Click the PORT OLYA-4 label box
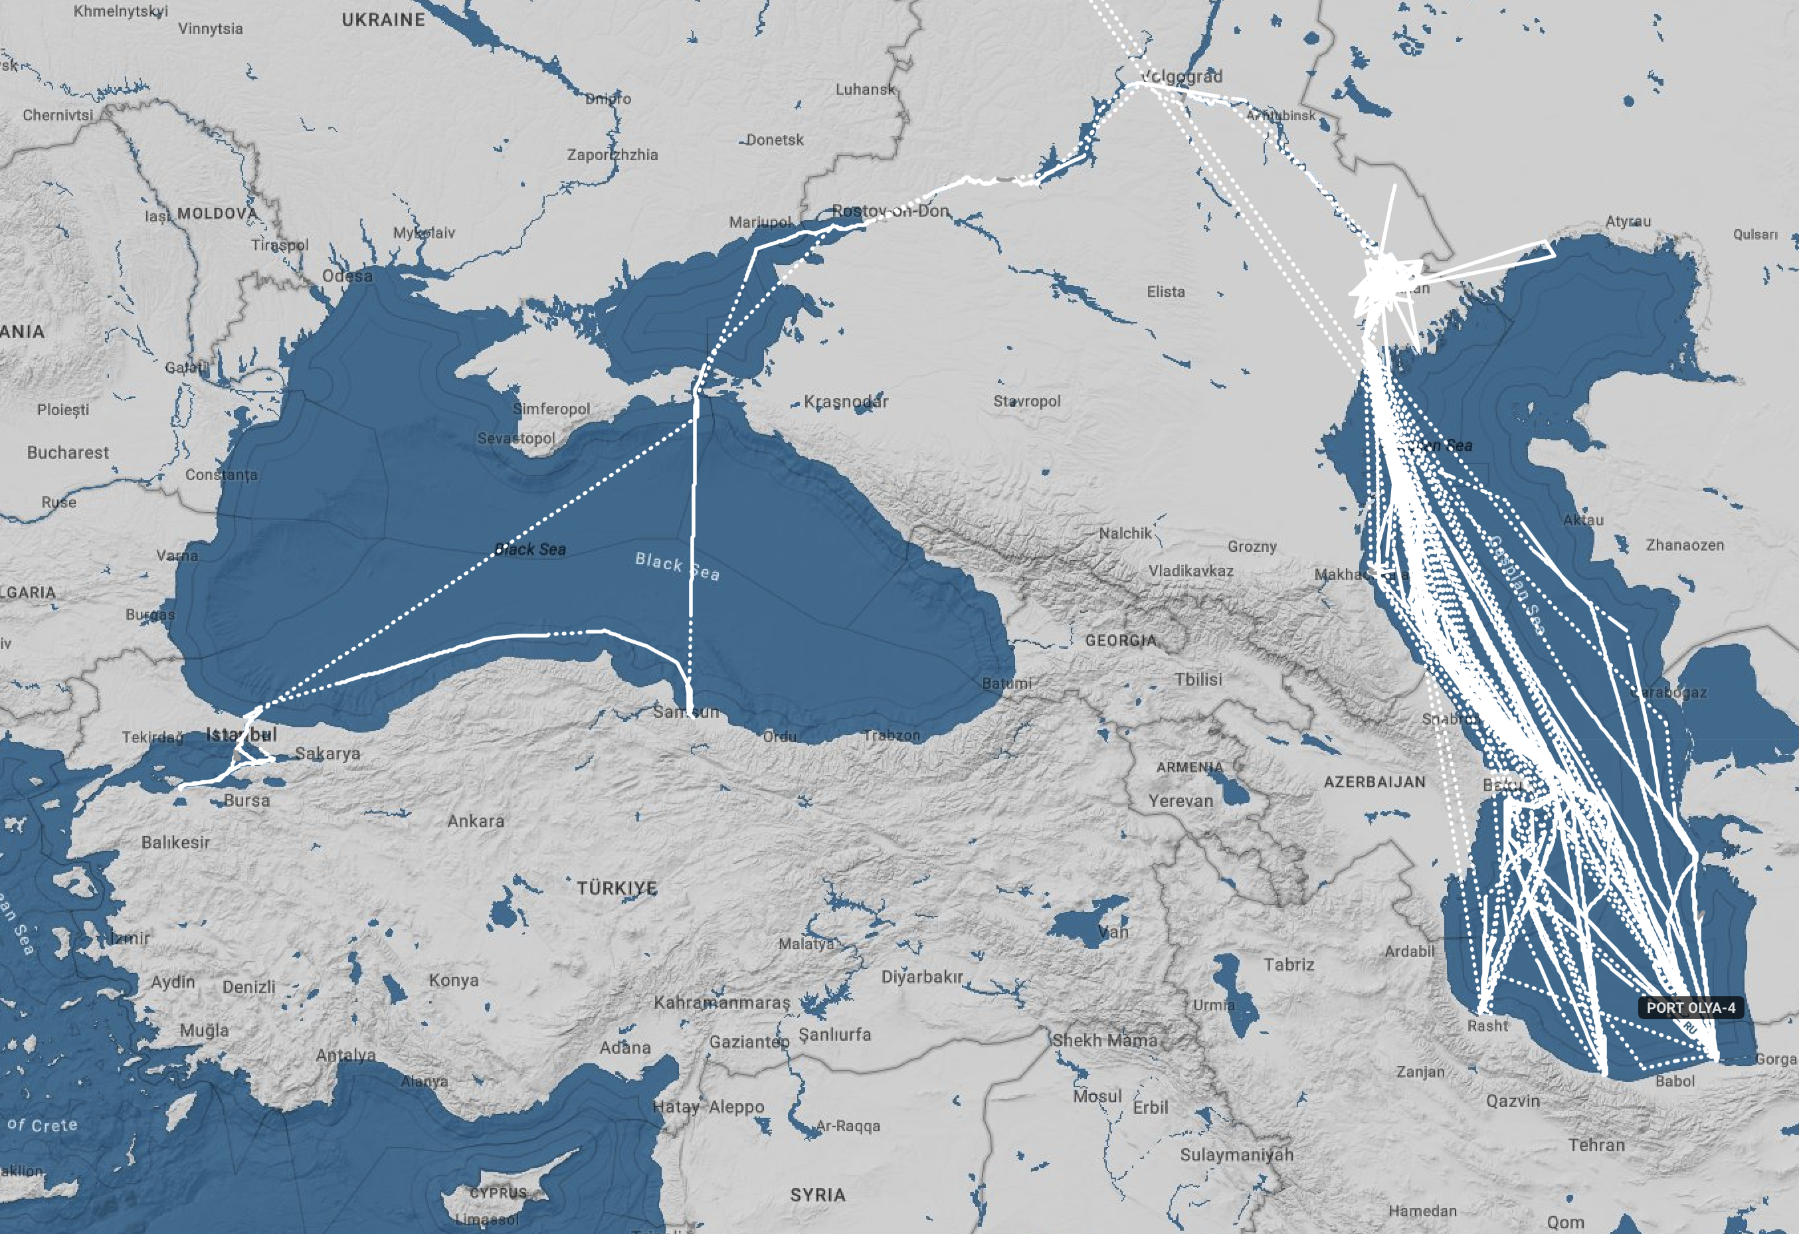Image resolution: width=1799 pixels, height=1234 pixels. click(x=1691, y=1008)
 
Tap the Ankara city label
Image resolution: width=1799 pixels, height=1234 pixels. click(x=475, y=821)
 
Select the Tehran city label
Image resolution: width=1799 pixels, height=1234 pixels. click(x=1596, y=1144)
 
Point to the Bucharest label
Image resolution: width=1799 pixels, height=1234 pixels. click(x=68, y=452)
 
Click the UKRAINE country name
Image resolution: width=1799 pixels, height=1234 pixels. click(x=383, y=19)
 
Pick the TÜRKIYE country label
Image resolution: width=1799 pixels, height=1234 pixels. click(x=616, y=887)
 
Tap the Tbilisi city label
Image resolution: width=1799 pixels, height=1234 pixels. click(x=1198, y=679)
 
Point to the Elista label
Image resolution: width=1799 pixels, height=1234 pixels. click(x=1166, y=292)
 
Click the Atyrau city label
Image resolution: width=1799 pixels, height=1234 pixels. click(x=1628, y=221)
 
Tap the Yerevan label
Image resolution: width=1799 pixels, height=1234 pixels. click(x=1181, y=801)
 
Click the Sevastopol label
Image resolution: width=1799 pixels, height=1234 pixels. click(x=516, y=438)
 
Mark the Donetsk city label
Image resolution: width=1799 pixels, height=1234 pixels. click(x=775, y=140)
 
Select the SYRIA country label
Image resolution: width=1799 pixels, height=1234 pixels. click(x=817, y=1195)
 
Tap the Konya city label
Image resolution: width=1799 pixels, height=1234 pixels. click(x=454, y=980)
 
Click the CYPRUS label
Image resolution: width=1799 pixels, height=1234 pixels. click(x=498, y=1192)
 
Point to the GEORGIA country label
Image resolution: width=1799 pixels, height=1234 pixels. click(x=1120, y=641)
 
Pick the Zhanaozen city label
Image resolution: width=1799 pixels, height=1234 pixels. click(x=1685, y=545)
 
